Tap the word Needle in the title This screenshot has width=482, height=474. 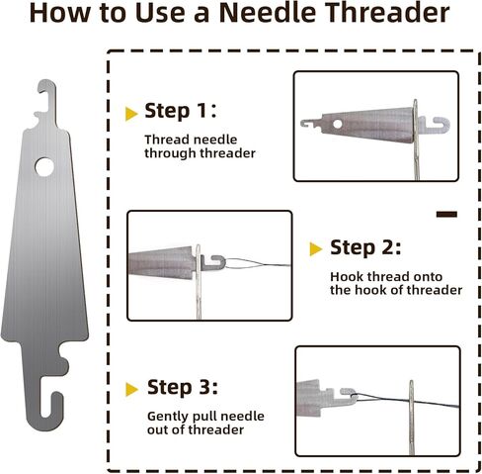(x=268, y=12)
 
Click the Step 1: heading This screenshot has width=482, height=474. (x=181, y=111)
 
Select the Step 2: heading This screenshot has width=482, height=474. (x=365, y=247)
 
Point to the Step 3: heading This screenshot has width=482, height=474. (x=183, y=387)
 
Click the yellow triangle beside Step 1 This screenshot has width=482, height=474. (x=131, y=114)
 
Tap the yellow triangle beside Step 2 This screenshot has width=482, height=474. (x=316, y=249)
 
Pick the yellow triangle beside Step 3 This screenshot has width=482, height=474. (x=131, y=389)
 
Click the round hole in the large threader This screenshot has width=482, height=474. (x=44, y=167)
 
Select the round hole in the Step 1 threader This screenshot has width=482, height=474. (x=338, y=124)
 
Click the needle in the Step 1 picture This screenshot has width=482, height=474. (x=416, y=140)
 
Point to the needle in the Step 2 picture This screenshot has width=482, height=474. (x=199, y=282)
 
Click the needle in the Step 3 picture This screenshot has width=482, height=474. (x=412, y=418)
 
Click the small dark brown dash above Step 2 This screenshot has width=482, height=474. (x=446, y=215)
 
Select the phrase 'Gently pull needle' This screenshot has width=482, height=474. (x=205, y=416)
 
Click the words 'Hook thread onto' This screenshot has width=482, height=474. (x=386, y=276)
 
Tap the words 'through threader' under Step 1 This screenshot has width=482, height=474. (x=200, y=153)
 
